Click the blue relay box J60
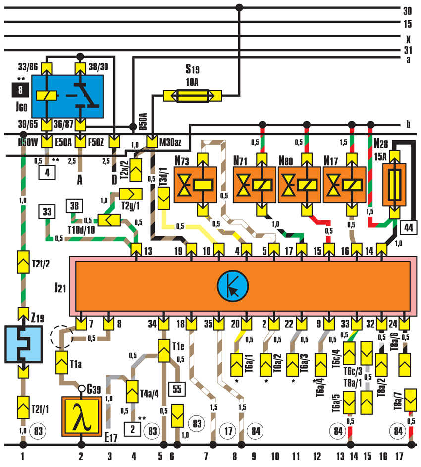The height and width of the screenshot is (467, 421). pos(67,96)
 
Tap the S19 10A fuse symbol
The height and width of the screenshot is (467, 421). pos(192,96)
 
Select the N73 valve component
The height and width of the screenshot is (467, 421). pos(195,185)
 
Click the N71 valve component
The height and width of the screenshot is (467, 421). pos(254,185)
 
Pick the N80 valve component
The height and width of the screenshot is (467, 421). pos(299,185)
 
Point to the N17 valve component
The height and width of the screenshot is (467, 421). pos(344,185)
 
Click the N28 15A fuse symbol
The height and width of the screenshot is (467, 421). pos(394,185)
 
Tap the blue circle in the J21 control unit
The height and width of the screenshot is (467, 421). pos(233,286)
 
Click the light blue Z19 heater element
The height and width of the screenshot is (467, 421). pos(23,344)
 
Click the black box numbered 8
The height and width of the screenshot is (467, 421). pos(20,90)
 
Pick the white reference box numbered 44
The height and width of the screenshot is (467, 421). pos(409,228)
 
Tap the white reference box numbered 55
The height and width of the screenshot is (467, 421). pos(177,389)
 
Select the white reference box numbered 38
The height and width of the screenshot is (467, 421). pos(74,206)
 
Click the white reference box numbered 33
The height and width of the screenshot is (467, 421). pos(47,212)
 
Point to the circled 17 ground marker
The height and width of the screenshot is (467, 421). pos(228,431)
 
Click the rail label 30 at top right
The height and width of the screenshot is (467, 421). pos(407,11)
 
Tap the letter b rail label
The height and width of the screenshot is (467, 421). pos(408,124)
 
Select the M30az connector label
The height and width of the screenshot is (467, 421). pos(170,142)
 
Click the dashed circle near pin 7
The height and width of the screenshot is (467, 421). pos(61,337)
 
